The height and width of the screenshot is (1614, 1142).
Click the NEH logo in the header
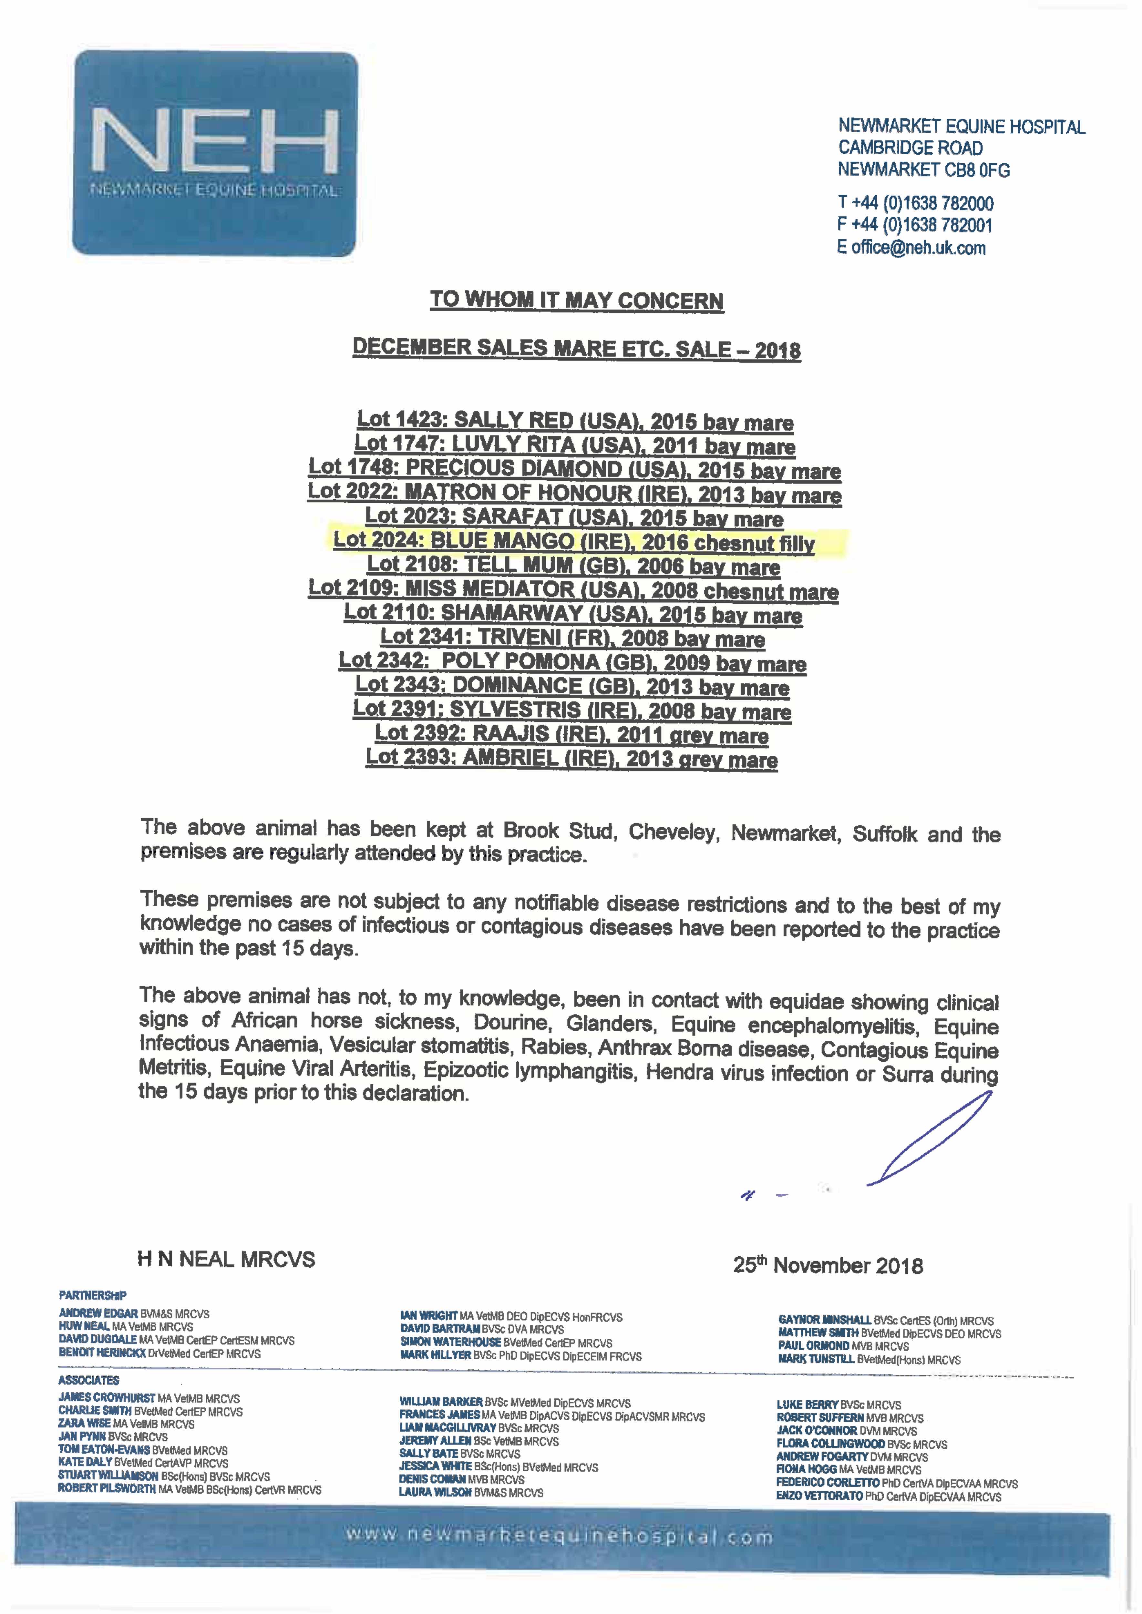tap(214, 153)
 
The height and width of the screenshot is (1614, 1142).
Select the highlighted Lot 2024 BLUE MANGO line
tap(574, 542)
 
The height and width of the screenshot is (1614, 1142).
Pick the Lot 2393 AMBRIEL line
tap(571, 759)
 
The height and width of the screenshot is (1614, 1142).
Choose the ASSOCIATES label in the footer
tap(88, 1380)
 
